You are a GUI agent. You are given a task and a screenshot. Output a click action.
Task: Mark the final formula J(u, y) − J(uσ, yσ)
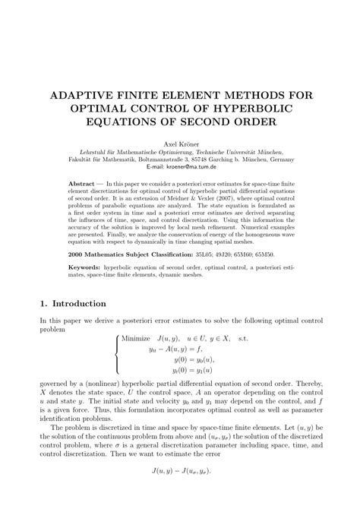click(x=179, y=492)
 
